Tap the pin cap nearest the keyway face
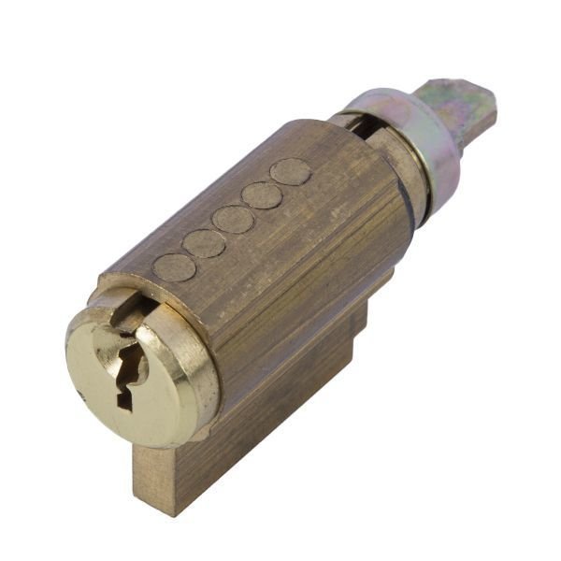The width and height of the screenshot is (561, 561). click(174, 267)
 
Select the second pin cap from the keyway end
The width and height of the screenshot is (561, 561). click(204, 243)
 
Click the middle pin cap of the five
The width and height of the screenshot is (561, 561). click(233, 219)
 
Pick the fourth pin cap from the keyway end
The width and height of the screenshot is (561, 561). click(262, 195)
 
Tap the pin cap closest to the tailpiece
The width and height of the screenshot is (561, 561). click(291, 171)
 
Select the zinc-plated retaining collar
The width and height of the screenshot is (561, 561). click(425, 140)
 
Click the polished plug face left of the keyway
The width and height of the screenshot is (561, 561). click(93, 365)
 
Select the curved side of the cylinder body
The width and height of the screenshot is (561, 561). click(299, 271)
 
